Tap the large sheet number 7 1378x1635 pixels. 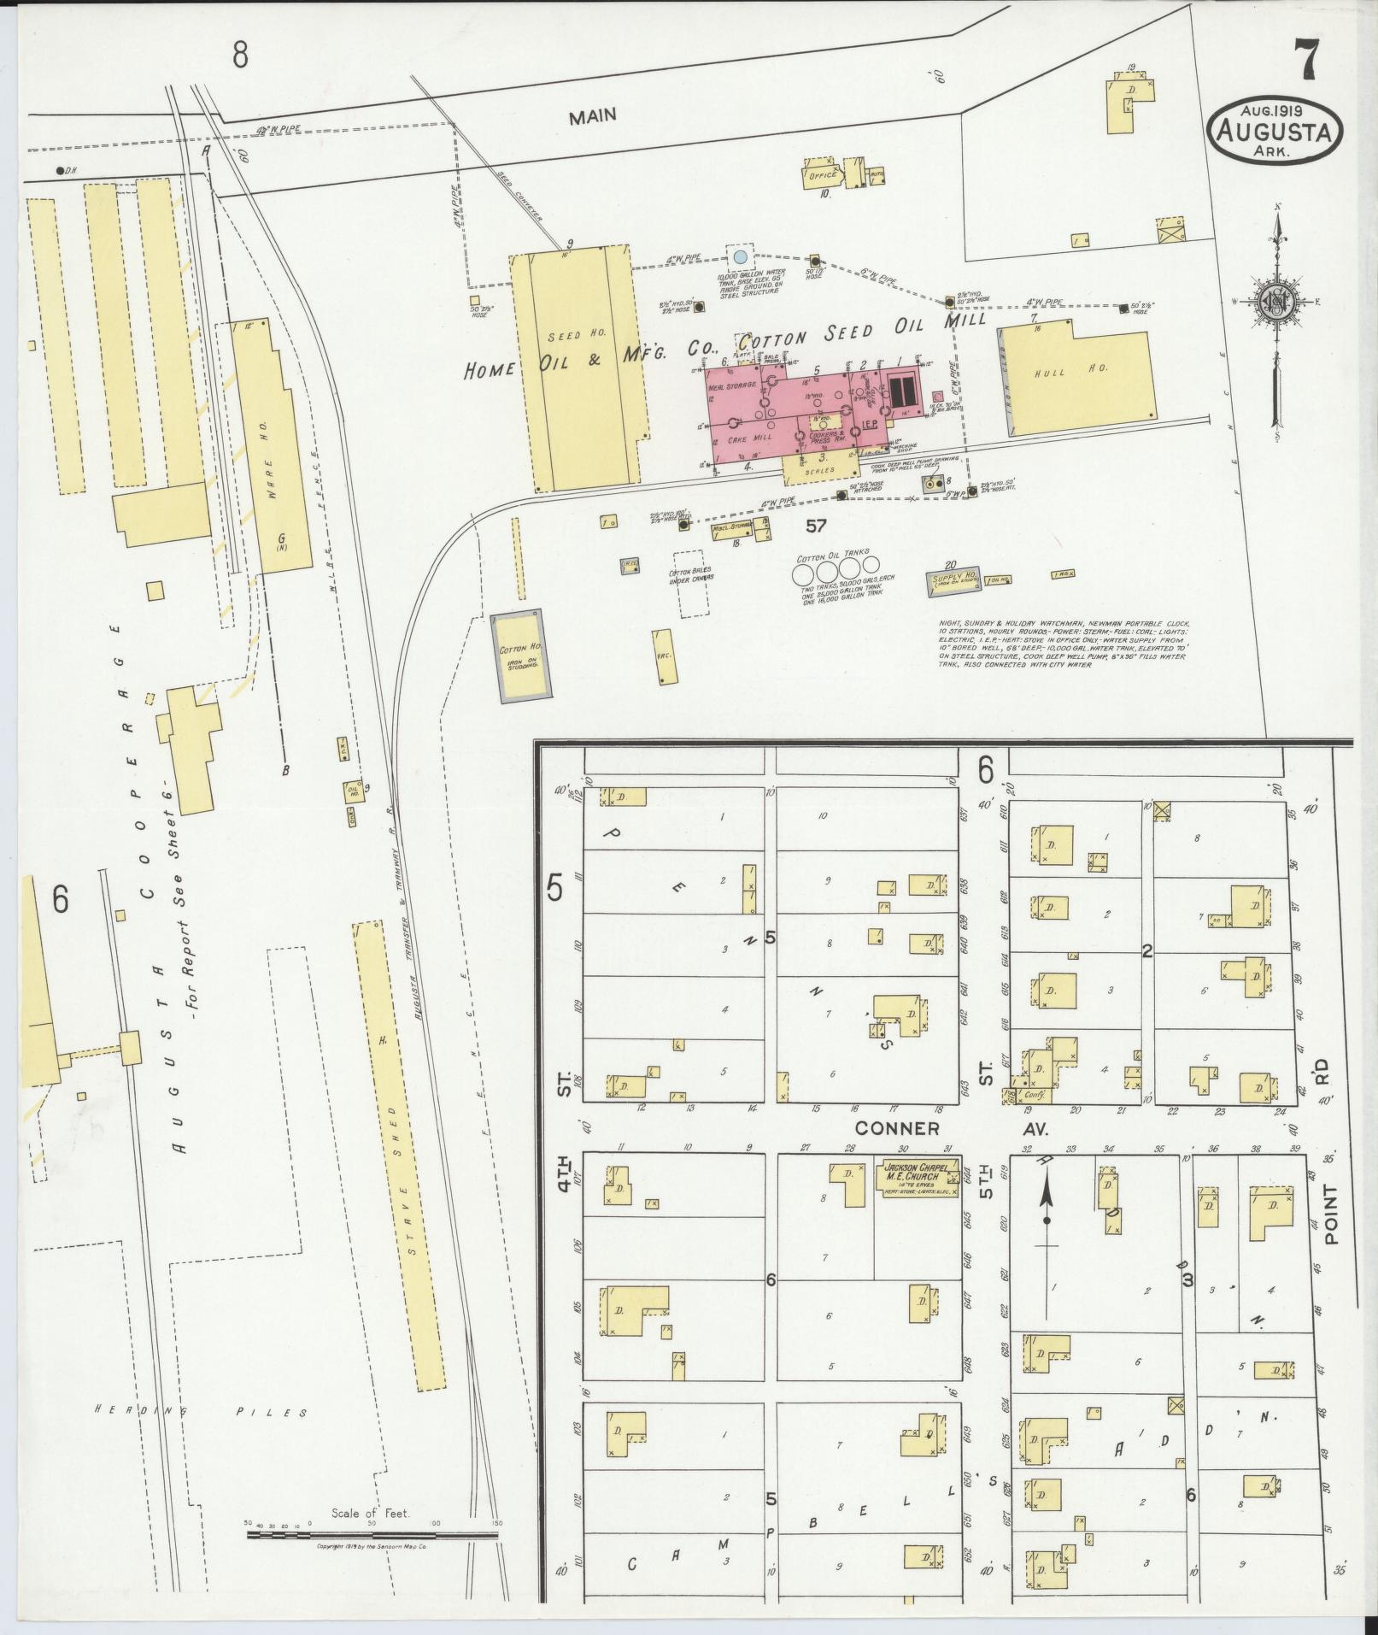(1306, 62)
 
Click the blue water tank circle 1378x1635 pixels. (741, 256)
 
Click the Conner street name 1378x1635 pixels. (897, 1128)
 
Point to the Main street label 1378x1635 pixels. (593, 115)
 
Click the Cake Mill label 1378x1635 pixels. (749, 437)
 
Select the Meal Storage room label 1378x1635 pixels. (733, 385)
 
